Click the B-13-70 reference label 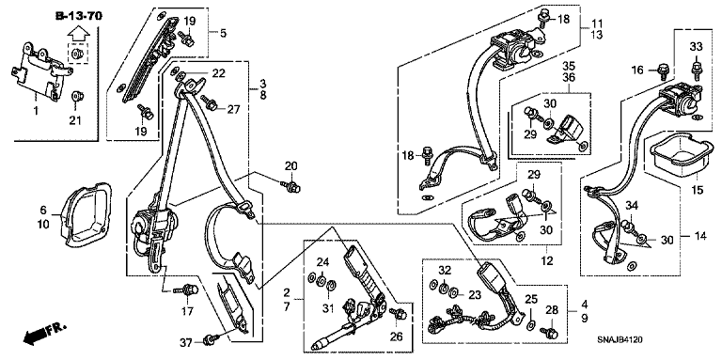pos(79,17)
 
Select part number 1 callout pos(37,111)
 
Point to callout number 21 pos(75,120)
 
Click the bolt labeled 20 pos(291,186)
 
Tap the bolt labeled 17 pos(186,290)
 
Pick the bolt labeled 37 pos(211,340)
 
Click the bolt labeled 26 pos(399,315)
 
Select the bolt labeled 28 pos(549,331)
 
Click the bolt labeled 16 pos(663,70)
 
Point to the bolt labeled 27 pos(209,103)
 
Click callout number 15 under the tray pos(698,189)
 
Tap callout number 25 pos(531,300)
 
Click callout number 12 pos(546,261)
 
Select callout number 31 pos(327,308)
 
